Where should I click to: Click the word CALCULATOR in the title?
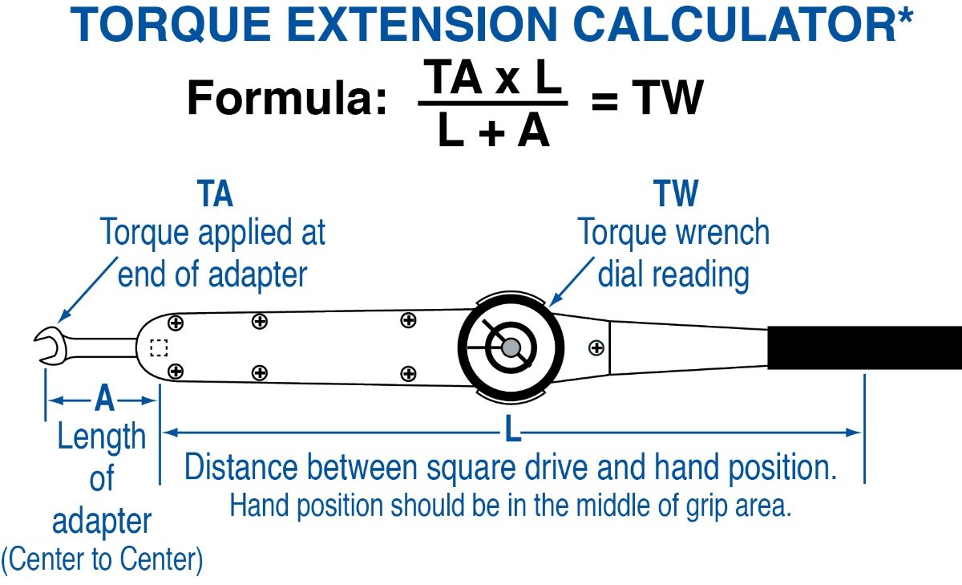(x=734, y=25)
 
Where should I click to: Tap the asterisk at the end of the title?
(x=905, y=15)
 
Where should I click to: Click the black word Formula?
(x=286, y=97)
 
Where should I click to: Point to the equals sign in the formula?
(x=604, y=102)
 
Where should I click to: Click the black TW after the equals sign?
(x=667, y=98)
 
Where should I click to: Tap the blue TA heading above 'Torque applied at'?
(x=215, y=193)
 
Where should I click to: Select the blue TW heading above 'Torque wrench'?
(x=676, y=193)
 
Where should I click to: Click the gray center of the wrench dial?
(x=511, y=347)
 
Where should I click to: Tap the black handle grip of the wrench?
(x=864, y=347)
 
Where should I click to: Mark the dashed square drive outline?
(x=159, y=347)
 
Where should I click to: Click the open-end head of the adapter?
(x=51, y=347)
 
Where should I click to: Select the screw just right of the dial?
(x=596, y=347)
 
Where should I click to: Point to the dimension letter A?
(x=104, y=399)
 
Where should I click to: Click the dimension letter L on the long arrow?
(x=512, y=428)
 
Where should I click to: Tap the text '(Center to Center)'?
(x=102, y=559)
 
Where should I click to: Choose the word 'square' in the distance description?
(x=471, y=468)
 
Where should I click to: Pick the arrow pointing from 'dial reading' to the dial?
(x=572, y=282)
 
